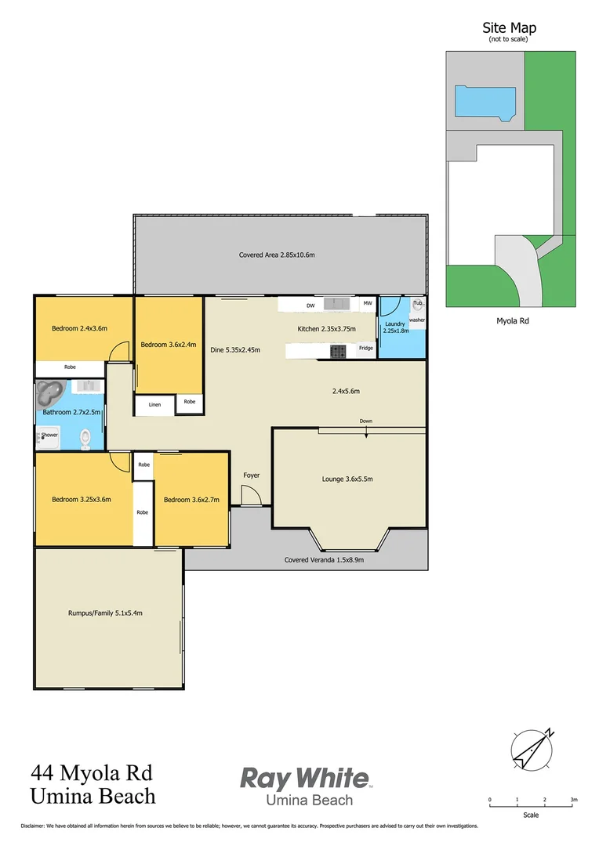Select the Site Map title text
(x=510, y=28)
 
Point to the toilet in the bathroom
(x=85, y=439)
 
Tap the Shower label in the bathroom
(x=50, y=435)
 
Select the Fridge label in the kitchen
(x=366, y=348)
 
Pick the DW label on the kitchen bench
(x=310, y=305)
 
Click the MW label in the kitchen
(x=367, y=303)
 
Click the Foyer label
(x=251, y=475)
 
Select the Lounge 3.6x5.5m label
(x=350, y=479)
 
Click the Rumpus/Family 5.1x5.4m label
(x=105, y=613)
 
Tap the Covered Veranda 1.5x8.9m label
(x=324, y=560)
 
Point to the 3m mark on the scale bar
(x=574, y=800)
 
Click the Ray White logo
(x=305, y=779)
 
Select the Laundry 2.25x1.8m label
(x=394, y=327)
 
